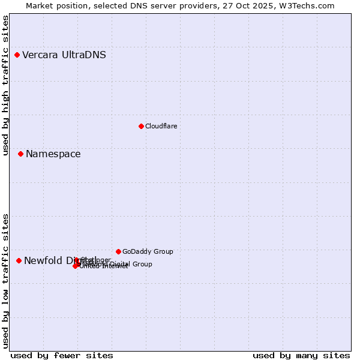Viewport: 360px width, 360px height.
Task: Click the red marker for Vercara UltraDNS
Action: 17,55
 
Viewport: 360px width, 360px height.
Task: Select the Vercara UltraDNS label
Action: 64,55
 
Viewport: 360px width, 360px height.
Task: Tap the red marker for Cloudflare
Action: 141,126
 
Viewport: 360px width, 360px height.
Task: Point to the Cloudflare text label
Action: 161,126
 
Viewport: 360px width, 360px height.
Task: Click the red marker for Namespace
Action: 20,154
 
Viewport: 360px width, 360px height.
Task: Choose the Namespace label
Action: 53,154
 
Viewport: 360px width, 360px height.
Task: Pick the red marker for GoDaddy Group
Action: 118,251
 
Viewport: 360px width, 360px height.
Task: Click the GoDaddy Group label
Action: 147,251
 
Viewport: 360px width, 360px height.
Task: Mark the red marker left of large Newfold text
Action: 19,260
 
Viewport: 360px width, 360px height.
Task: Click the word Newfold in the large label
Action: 43,260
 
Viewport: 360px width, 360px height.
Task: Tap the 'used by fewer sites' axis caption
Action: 62,355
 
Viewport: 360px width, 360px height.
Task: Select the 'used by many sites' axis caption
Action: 301,355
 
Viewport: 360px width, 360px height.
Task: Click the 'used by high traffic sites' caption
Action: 6,86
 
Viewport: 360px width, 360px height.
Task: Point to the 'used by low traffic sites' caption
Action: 6,281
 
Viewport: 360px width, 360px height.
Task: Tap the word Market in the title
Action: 40,5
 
